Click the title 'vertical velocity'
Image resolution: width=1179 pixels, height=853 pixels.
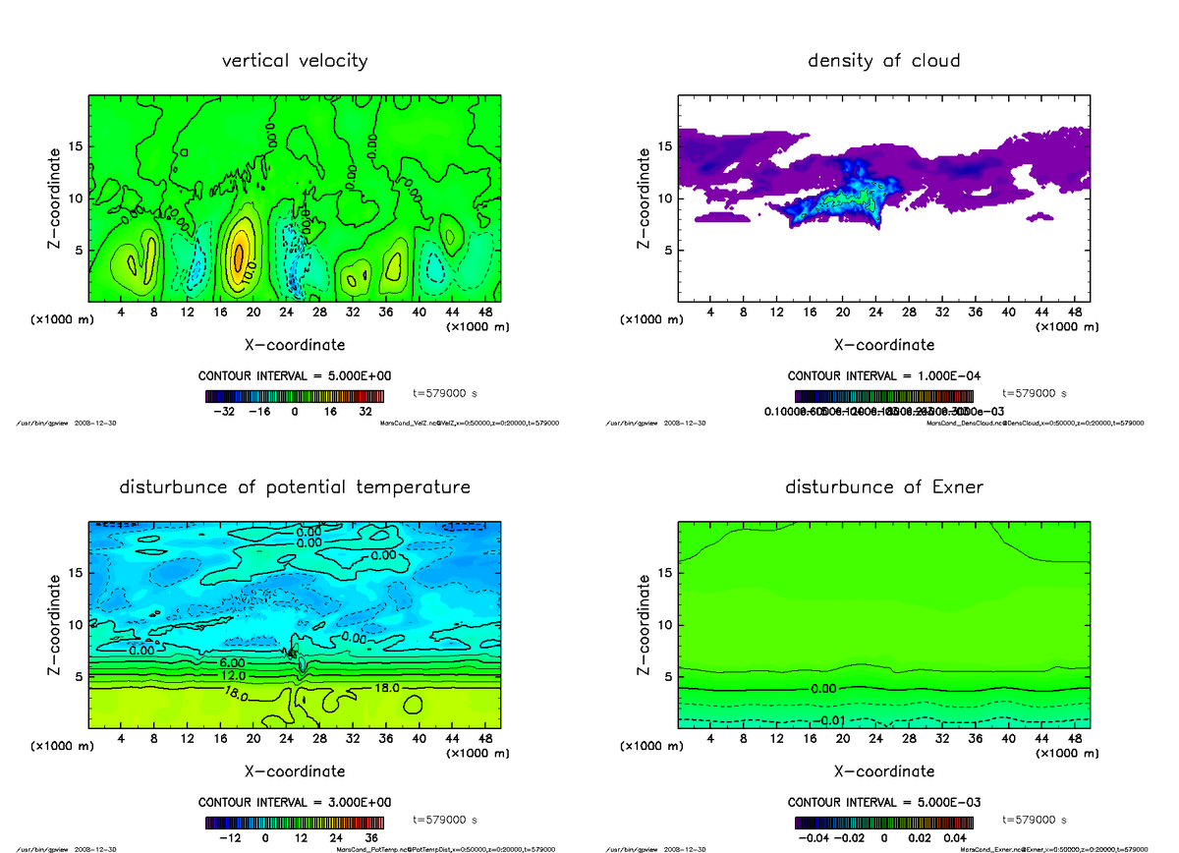[295, 61]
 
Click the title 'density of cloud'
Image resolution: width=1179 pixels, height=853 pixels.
[883, 61]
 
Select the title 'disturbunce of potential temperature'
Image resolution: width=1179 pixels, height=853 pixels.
[295, 487]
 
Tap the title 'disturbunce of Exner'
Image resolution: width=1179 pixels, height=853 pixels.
[883, 487]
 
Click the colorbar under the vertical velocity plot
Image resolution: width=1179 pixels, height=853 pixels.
[295, 396]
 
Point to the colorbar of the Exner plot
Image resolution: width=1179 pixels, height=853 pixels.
[883, 823]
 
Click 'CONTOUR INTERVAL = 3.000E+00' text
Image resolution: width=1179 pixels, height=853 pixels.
[295, 802]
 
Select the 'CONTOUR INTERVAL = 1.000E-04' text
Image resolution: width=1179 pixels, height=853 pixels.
[883, 375]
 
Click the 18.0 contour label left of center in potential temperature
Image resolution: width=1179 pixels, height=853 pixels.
[237, 694]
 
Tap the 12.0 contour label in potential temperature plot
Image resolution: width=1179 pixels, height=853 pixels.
[233, 676]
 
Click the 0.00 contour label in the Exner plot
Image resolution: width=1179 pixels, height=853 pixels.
[823, 689]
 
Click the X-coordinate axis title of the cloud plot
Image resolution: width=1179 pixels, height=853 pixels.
[883, 345]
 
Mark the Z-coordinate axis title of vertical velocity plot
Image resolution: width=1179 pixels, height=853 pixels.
[56, 198]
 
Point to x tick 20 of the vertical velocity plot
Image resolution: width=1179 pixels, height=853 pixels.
[253, 313]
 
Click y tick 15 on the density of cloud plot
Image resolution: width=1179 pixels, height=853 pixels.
[665, 146]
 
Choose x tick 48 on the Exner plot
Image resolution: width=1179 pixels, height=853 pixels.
[1075, 739]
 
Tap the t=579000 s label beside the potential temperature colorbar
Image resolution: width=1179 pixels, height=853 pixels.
[445, 819]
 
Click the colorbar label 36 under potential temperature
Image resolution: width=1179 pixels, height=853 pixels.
[371, 838]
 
